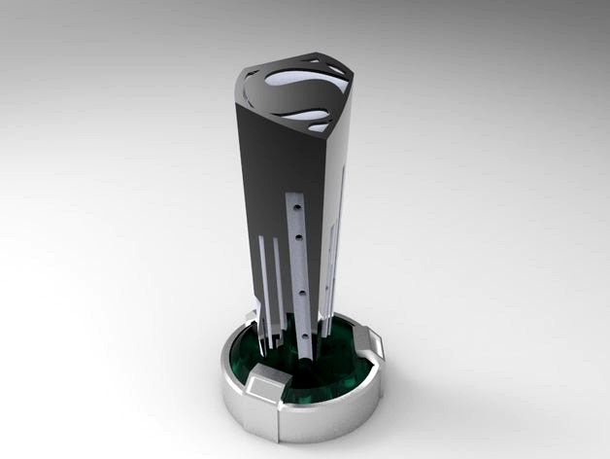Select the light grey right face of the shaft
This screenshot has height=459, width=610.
(335, 185)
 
